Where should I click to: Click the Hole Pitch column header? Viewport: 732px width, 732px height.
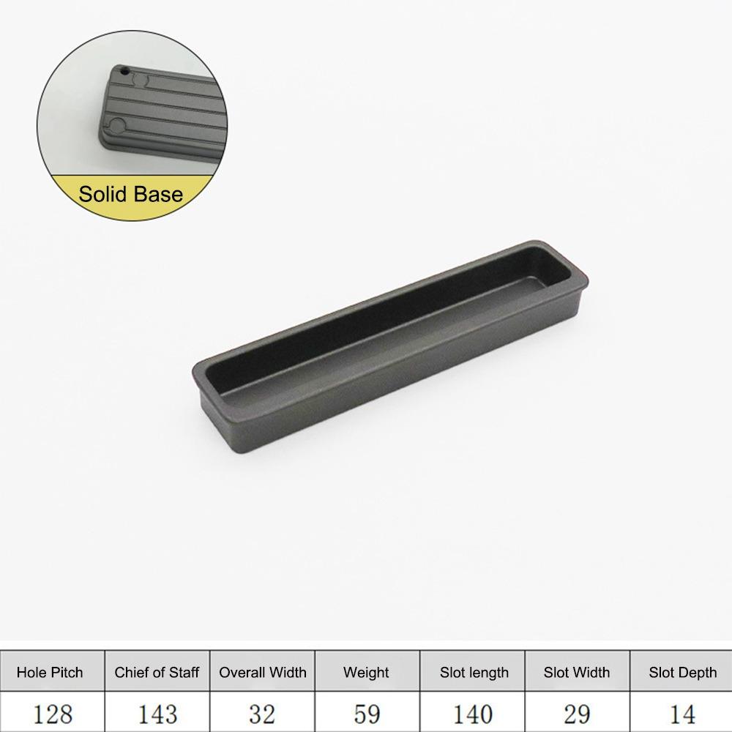coord(50,672)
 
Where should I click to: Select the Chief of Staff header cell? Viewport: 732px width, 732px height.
coord(157,672)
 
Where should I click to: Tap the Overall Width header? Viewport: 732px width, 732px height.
coord(263,672)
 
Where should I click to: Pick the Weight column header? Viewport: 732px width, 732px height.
coord(366,672)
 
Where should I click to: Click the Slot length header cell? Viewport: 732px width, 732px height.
coord(474,672)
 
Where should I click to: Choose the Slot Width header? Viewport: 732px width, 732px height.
coord(577,672)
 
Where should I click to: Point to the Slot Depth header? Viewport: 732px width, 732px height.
coord(682,672)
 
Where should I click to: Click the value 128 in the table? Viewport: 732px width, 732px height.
coord(53,714)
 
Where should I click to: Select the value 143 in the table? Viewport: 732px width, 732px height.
coord(157,714)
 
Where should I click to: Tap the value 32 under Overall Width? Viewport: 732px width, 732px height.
coord(263,714)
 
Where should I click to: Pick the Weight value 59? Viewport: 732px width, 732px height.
coord(366,714)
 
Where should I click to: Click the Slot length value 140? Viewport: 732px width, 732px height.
coord(474,714)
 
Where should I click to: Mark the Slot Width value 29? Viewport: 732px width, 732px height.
coord(577,714)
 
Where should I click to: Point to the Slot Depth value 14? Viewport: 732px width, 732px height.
coord(682,714)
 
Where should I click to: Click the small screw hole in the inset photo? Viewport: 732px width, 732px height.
coord(124,72)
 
